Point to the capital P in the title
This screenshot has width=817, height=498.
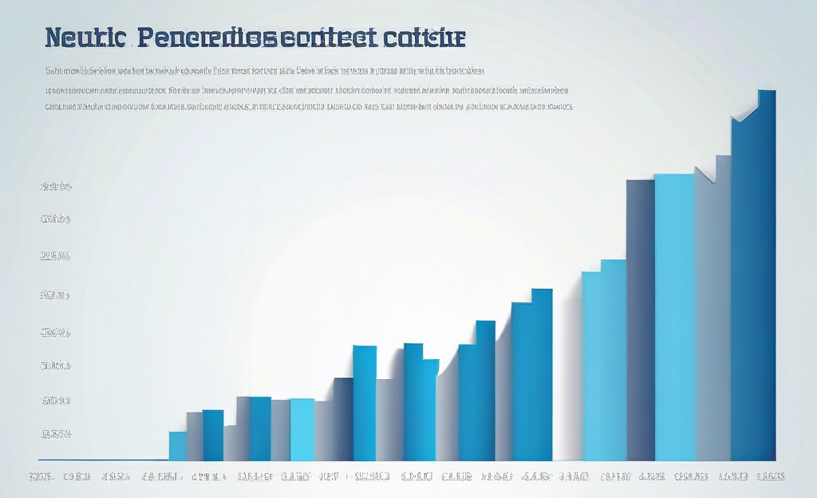tap(147, 38)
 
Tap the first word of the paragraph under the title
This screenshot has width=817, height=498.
tap(61, 70)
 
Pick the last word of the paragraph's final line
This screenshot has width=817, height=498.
tap(555, 105)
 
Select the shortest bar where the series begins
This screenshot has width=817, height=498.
tap(177, 446)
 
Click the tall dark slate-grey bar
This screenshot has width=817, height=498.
tap(640, 319)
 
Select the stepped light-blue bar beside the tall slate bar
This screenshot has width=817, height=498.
tap(603, 363)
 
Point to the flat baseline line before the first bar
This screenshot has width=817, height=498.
tap(104, 460)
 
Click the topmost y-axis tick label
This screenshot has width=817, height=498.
tap(56, 188)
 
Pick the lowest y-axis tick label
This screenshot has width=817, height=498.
tap(56, 435)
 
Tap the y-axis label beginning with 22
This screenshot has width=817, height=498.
tap(56, 256)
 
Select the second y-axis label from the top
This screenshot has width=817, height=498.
tap(56, 218)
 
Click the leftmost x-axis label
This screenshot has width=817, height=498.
tap(41, 476)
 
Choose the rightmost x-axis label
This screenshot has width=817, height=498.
tap(770, 476)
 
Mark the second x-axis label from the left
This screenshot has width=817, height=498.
tap(77, 476)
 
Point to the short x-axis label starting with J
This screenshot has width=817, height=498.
tap(328, 476)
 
